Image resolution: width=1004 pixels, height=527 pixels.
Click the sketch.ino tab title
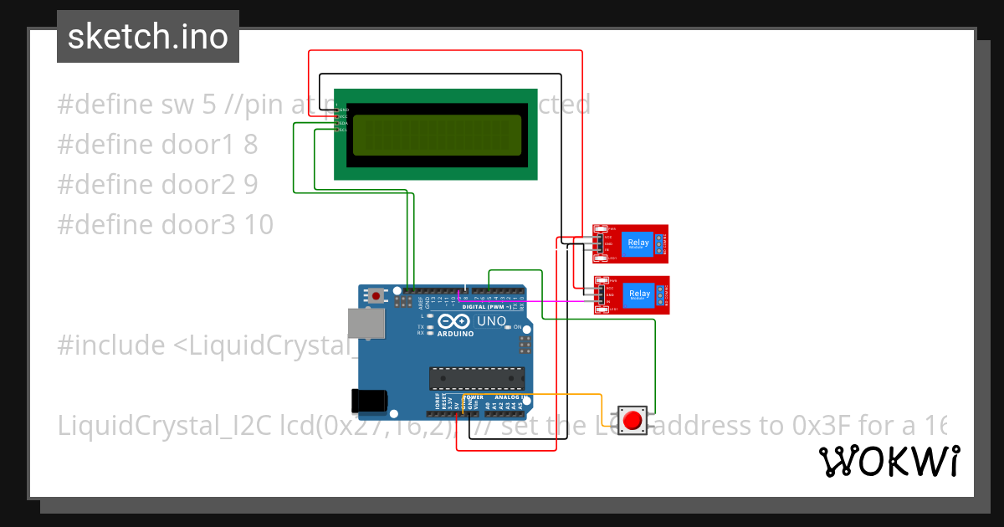147,37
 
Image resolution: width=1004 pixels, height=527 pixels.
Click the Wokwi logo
889,461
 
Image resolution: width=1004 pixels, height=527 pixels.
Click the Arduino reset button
377,296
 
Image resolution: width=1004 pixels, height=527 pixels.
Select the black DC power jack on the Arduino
371,401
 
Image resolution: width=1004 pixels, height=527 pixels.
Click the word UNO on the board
491,321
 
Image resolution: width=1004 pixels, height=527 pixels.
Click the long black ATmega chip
477,379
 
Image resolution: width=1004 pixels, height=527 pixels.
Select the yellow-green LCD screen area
436,135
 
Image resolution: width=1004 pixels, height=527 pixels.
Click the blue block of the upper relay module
638,243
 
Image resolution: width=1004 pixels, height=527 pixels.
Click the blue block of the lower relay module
639,294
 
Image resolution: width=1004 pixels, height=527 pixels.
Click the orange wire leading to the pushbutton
569,394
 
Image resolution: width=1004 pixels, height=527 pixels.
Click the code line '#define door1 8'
157,145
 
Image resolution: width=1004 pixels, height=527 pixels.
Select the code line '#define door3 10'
165,224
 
